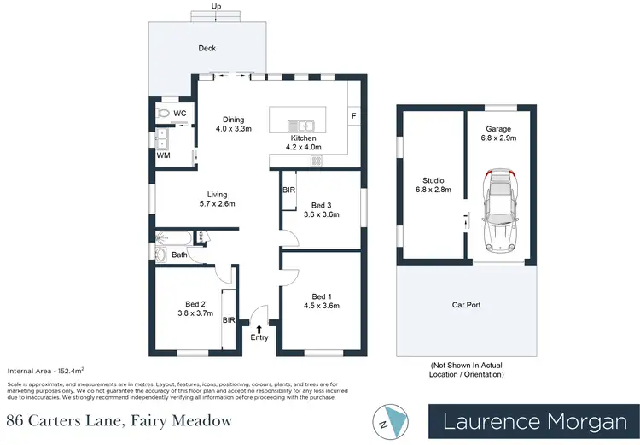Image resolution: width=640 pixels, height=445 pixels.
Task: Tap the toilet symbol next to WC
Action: pos(163,113)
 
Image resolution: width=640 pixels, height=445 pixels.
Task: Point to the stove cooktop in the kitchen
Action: pos(315,160)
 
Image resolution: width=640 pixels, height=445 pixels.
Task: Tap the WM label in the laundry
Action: pos(162,155)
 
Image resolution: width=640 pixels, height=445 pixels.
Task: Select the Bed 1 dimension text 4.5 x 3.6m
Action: pos(323,306)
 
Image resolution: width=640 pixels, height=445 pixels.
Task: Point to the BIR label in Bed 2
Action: pos(228,320)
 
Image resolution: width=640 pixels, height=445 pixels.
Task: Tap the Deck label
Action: pos(207,49)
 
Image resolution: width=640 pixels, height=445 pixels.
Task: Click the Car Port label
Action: pos(466,304)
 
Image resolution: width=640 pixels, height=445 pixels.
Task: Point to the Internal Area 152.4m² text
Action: pos(43,372)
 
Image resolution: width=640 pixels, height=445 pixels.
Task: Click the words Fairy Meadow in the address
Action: pos(189,420)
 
